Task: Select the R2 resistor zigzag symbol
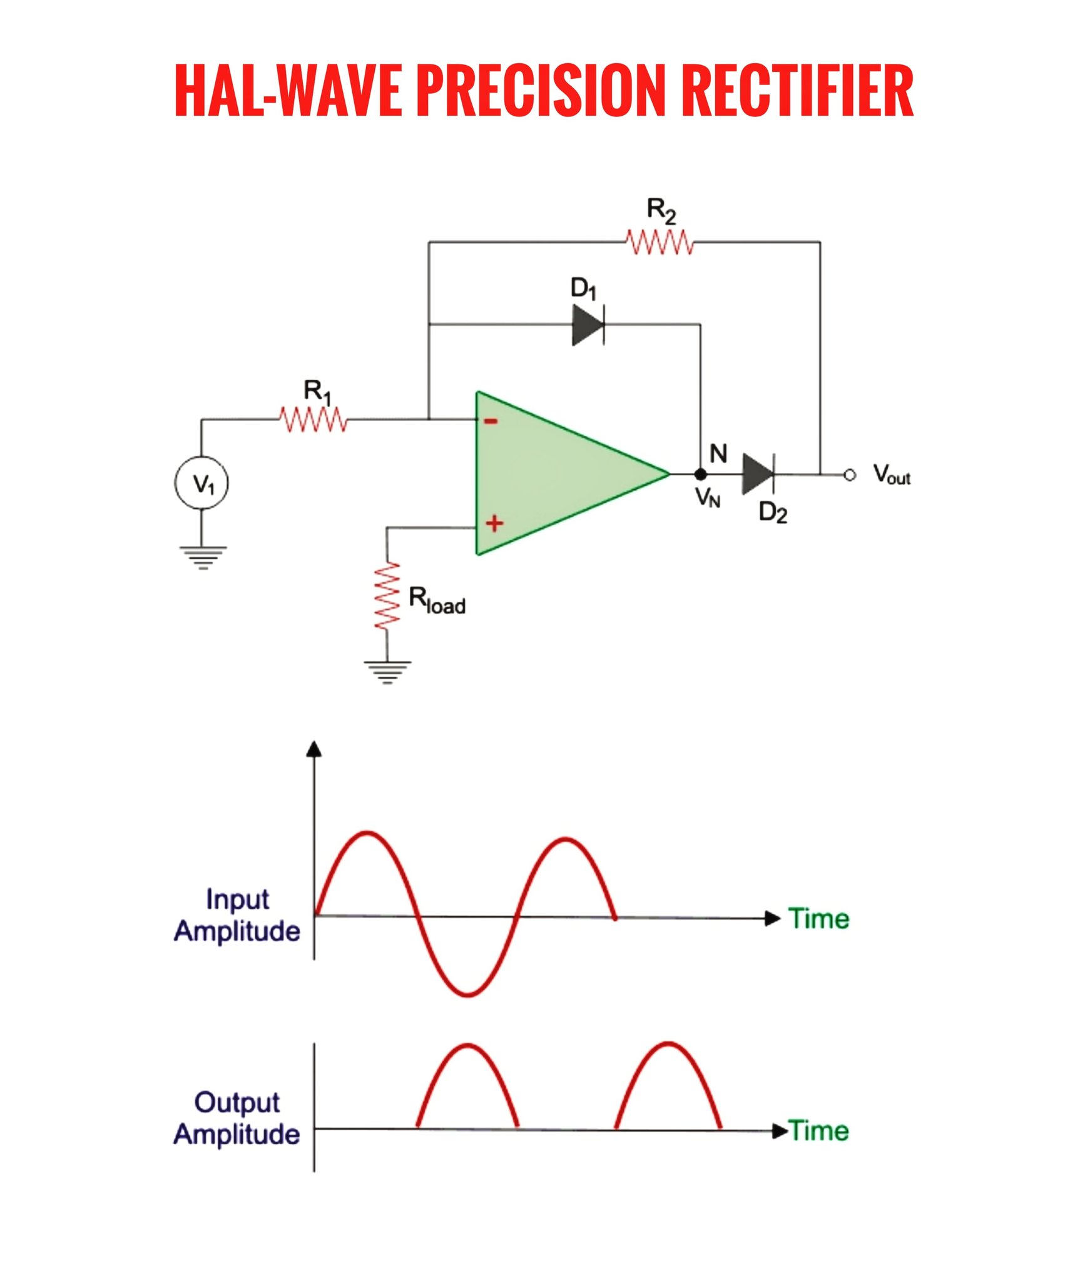pyautogui.click(x=660, y=242)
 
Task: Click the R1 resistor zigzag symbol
pyautogui.click(x=313, y=419)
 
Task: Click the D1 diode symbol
pyautogui.click(x=588, y=325)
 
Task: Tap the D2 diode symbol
pyautogui.click(x=758, y=474)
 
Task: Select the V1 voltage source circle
pyautogui.click(x=201, y=483)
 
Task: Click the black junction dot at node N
pyautogui.click(x=701, y=474)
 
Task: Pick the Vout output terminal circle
pyautogui.click(x=849, y=475)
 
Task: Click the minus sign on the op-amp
pyautogui.click(x=491, y=422)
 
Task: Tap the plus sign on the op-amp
pyautogui.click(x=494, y=523)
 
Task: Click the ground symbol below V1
pyautogui.click(x=203, y=558)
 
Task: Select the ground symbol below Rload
pyautogui.click(x=387, y=672)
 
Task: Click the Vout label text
pyautogui.click(x=892, y=474)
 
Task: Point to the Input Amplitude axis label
pyautogui.click(x=237, y=914)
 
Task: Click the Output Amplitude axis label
pyautogui.click(x=237, y=1118)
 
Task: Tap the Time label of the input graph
pyautogui.click(x=818, y=919)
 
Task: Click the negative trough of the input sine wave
pyautogui.click(x=467, y=994)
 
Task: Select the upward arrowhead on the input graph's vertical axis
pyautogui.click(x=314, y=749)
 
